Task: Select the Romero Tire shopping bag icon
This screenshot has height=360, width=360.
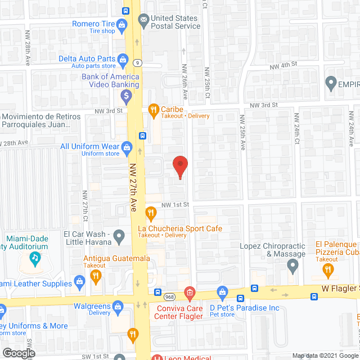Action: pos(121,24)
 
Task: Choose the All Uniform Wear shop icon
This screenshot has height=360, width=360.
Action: pos(127,148)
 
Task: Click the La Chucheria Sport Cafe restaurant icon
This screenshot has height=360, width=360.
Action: pos(150,213)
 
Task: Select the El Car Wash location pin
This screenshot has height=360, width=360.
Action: pos(119,236)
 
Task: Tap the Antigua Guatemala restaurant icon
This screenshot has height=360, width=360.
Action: pos(95,276)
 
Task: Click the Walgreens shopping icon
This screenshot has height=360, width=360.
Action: pos(118,306)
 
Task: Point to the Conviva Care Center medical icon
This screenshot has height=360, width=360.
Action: pos(190,292)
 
